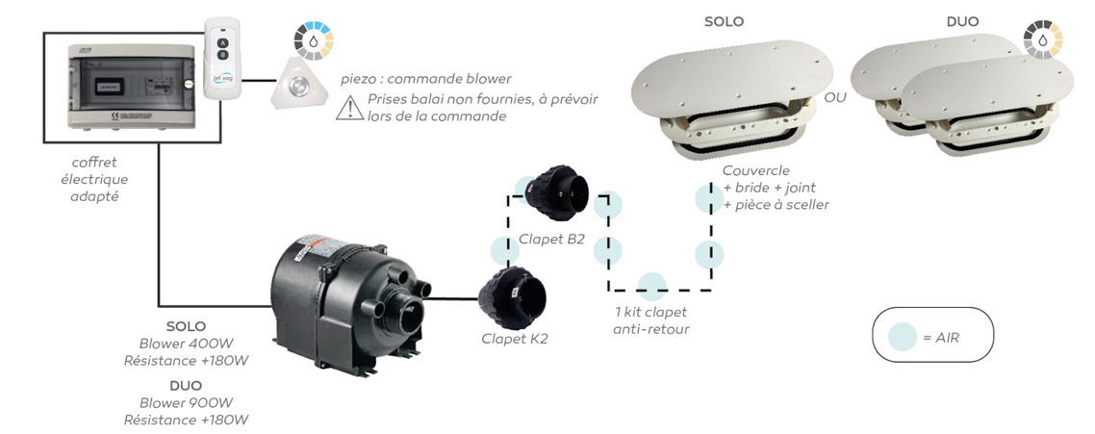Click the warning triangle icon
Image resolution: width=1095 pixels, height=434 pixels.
pos(347,108)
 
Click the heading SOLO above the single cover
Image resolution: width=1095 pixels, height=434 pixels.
pos(724,21)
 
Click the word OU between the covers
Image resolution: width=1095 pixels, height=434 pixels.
pos(835,98)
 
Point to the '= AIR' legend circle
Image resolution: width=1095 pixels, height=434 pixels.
pos(902,335)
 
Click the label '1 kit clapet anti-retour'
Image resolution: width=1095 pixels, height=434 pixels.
pos(651,321)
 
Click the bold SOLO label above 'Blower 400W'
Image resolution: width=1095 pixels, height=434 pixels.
pos(186,326)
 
